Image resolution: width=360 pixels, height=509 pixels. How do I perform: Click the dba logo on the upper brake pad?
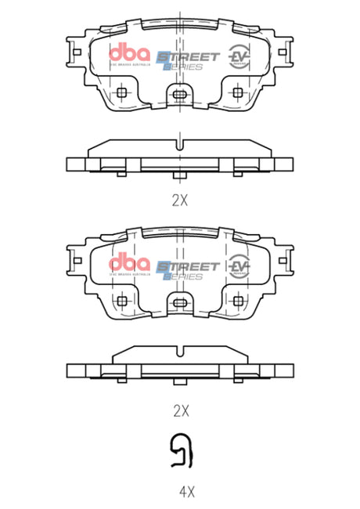coord(128,55)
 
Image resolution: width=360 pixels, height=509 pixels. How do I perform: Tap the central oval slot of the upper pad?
coord(180,95)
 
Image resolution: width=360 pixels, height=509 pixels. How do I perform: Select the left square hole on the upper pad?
coord(121,93)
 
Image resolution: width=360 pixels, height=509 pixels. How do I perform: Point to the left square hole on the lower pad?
coord(121,301)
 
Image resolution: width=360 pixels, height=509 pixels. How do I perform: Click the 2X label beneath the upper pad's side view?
coord(180,199)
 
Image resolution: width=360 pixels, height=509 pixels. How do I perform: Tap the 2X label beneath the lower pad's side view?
coord(180,409)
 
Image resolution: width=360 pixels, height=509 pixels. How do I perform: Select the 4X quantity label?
coord(185,493)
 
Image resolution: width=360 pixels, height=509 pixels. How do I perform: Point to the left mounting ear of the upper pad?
coord(76,56)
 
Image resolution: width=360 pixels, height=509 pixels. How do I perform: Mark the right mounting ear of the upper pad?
coord(284,56)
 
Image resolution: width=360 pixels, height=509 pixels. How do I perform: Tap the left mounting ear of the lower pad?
coord(76,264)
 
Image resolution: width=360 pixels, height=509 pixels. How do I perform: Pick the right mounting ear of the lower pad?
coord(284,264)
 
